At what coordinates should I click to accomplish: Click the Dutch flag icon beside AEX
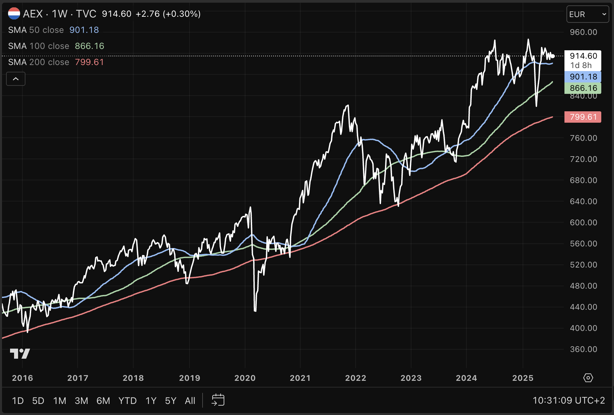click(14, 14)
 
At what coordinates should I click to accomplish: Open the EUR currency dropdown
click(588, 14)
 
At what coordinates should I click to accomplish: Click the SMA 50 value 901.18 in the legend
click(84, 30)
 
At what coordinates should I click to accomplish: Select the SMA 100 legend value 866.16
click(89, 46)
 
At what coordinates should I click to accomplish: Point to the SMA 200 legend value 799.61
click(89, 62)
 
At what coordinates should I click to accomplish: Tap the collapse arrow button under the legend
click(16, 79)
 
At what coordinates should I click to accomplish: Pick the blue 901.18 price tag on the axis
click(583, 77)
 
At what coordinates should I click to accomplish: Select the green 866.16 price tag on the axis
click(583, 88)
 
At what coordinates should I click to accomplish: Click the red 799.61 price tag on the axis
click(583, 117)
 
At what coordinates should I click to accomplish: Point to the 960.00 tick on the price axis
click(583, 32)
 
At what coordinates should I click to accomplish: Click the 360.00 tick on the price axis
click(583, 349)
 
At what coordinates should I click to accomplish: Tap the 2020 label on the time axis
click(245, 378)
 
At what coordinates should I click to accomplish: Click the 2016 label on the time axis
click(22, 378)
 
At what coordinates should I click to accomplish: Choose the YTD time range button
click(128, 401)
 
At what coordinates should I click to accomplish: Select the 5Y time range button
click(170, 401)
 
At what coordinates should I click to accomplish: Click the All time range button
click(190, 401)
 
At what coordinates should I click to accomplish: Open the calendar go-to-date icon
click(218, 400)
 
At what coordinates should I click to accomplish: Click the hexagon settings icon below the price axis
click(588, 378)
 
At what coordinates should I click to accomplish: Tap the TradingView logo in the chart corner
click(20, 354)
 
